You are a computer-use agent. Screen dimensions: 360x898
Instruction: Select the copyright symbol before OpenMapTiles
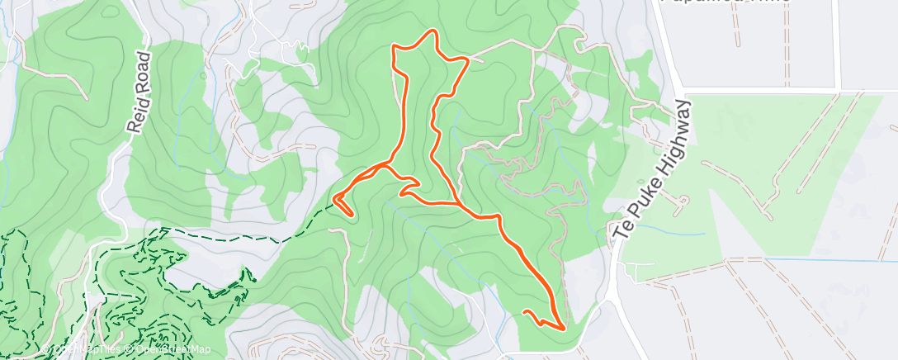click(47, 350)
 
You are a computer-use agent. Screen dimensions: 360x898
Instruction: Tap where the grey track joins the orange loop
click(468, 60)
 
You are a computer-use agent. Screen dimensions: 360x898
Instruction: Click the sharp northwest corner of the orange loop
click(394, 50)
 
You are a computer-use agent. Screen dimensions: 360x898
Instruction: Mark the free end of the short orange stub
click(524, 311)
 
